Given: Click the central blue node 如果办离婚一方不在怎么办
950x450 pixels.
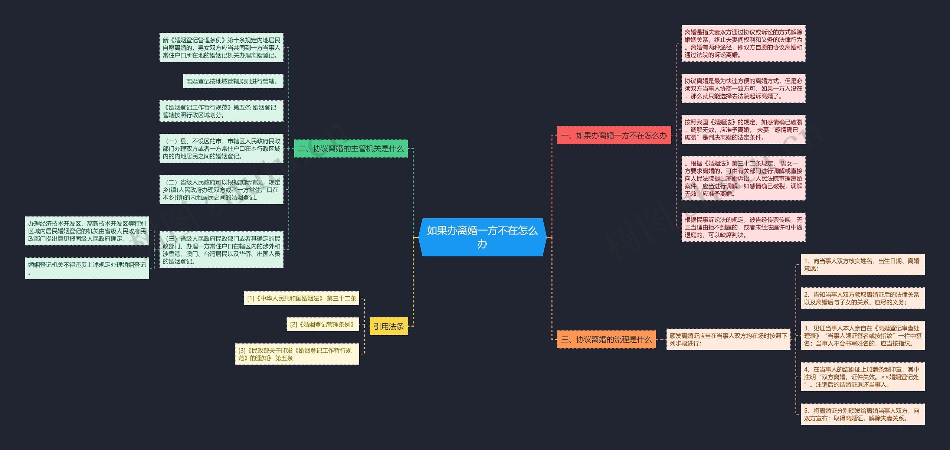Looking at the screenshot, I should coord(482,237).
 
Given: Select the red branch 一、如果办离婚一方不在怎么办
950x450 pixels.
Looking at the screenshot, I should coord(614,136).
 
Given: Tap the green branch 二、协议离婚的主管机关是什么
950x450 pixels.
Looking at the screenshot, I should coord(351,149).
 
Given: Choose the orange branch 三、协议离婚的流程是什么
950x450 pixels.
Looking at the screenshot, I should coord(606,339).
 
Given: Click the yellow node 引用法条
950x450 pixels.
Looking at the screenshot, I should coord(389,326).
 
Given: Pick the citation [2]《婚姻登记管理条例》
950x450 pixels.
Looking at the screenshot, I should coord(322,324).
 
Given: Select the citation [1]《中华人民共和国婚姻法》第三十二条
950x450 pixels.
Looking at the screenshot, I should coord(301,298).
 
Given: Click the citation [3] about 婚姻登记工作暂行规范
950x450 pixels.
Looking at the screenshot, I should coord(297,354).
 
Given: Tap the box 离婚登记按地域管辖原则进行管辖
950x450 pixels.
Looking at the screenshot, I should coord(233,81).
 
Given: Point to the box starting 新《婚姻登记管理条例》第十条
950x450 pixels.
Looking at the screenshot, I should coord(221,48).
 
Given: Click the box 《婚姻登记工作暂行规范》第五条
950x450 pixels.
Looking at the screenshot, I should coord(221,111).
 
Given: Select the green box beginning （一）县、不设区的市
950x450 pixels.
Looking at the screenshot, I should coord(221,149).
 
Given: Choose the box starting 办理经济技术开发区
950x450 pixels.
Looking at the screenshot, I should coord(87,231).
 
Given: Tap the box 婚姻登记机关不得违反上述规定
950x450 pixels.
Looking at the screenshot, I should coord(87,268).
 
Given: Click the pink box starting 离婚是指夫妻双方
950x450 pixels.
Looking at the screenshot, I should coord(743,43).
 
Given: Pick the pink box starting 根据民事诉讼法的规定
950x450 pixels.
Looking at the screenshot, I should coord(743,227).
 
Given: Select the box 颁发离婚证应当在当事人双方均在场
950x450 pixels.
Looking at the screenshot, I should coord(728,339).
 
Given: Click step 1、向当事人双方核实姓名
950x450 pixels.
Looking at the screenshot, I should coord(862,264).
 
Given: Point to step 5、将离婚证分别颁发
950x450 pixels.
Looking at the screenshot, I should coord(862,414).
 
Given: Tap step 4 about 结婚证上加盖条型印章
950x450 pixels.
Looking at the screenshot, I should coord(862,377).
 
